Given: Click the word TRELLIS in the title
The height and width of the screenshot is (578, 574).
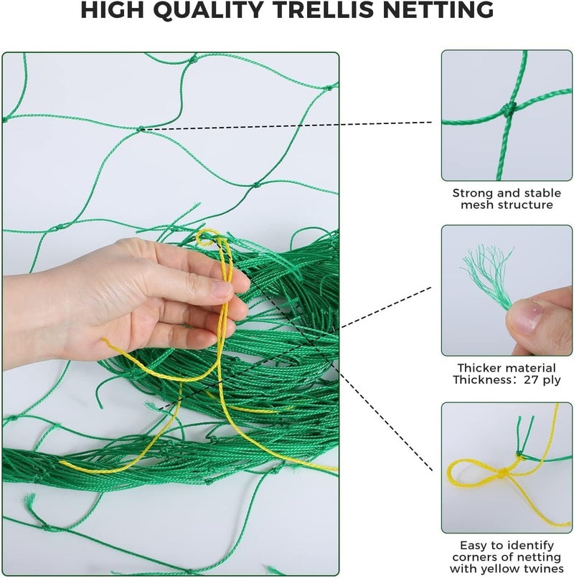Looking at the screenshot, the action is [x=329, y=9].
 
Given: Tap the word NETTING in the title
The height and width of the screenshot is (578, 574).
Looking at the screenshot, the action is [x=438, y=9].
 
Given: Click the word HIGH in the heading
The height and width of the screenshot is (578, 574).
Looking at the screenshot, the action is [x=112, y=9].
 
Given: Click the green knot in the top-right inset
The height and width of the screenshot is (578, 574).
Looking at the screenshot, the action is [x=509, y=109].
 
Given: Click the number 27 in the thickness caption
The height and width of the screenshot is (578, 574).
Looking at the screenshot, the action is [x=531, y=379].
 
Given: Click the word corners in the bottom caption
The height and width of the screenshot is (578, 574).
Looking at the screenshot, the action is [x=475, y=556].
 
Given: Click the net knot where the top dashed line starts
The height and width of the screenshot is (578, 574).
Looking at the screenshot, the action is [x=141, y=129].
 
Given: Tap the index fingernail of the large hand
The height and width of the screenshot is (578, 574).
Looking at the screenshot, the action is [x=223, y=289].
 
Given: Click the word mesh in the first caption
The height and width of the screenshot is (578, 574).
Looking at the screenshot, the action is [x=475, y=205].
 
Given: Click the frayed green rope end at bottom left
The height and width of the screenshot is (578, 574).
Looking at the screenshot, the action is [x=29, y=500].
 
